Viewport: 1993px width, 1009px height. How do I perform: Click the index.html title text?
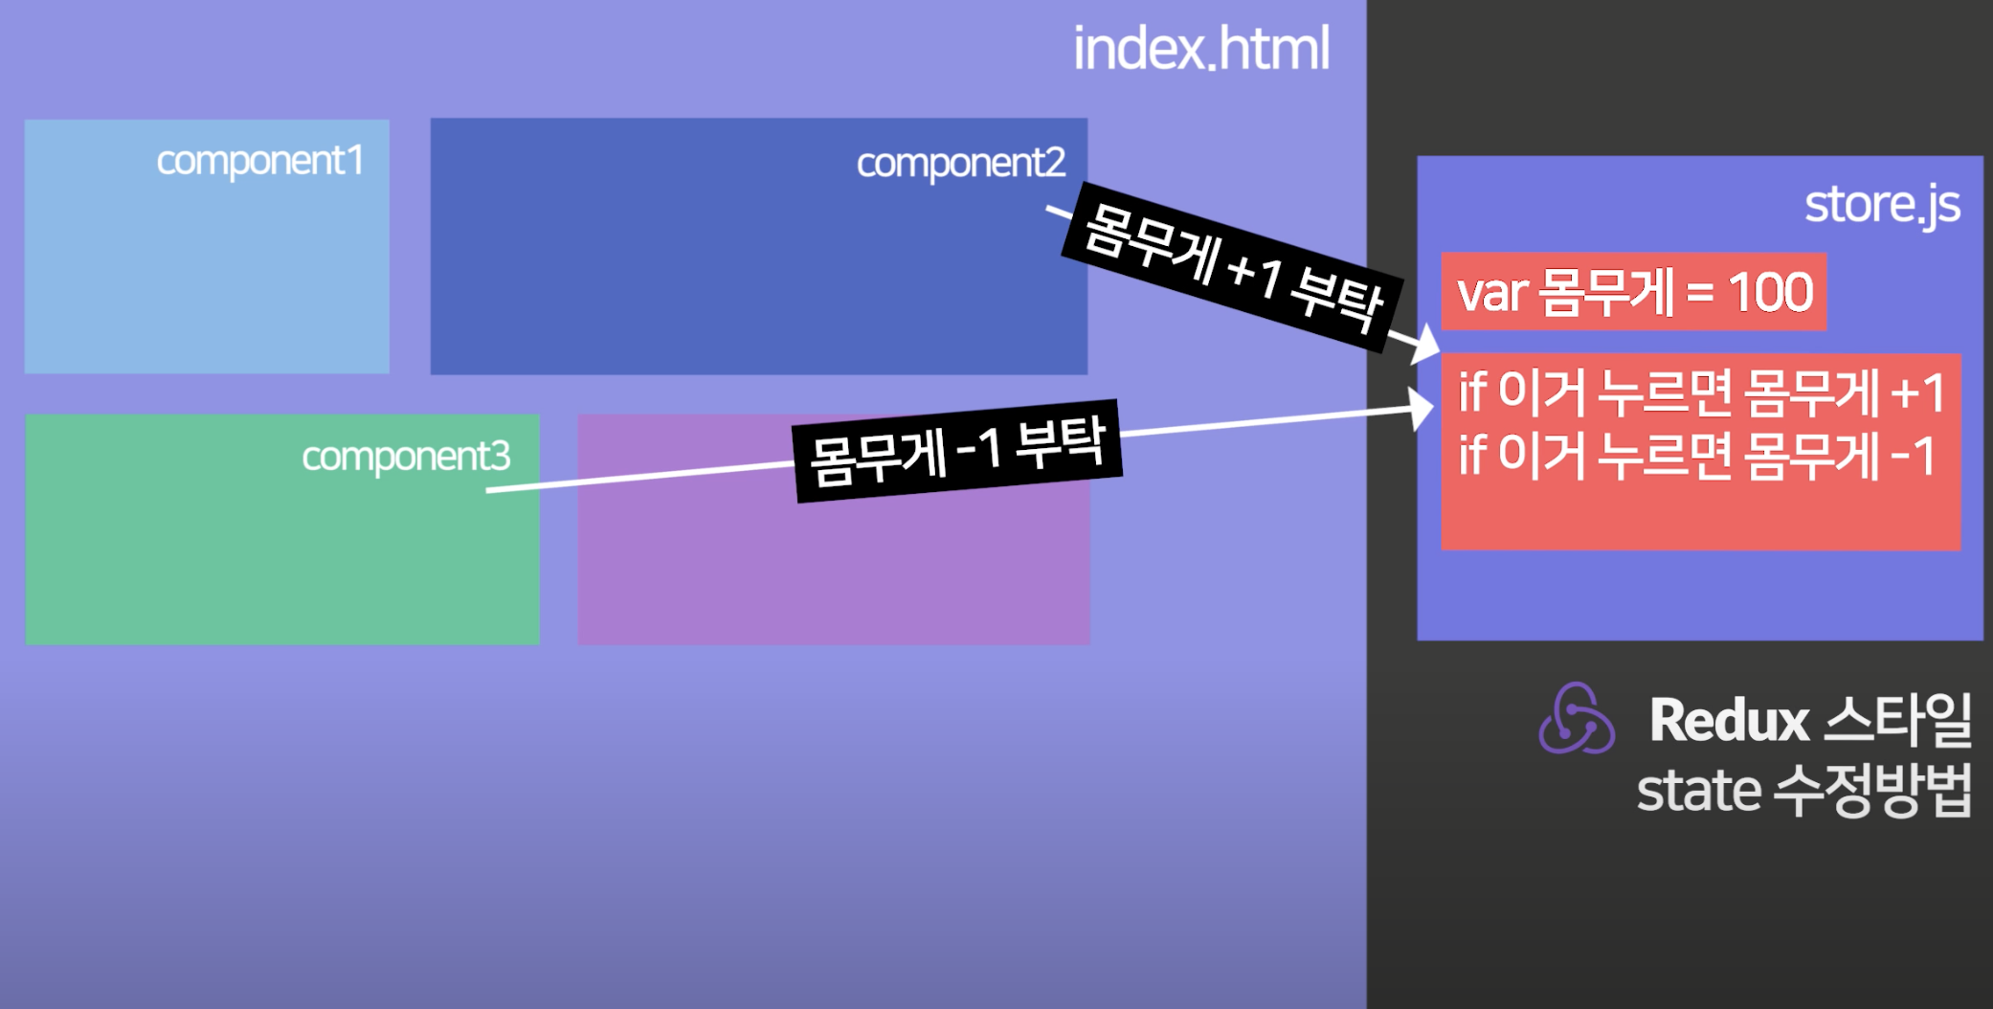(x=1200, y=49)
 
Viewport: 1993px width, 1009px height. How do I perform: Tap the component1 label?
(x=259, y=161)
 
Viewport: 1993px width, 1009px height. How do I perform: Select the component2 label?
(x=960, y=163)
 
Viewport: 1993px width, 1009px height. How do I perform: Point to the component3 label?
(x=406, y=457)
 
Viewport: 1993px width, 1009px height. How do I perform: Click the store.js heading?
(x=1881, y=205)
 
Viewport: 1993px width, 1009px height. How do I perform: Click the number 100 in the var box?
(x=1770, y=292)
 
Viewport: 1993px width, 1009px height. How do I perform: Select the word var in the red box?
(x=1491, y=293)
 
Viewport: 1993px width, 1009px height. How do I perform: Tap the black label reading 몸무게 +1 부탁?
(x=1233, y=266)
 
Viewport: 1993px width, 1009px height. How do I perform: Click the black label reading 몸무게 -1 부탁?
(x=957, y=451)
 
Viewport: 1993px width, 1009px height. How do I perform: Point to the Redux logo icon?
(x=1576, y=719)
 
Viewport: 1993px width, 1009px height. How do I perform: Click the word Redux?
(x=1729, y=720)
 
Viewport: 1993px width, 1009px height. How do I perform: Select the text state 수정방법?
(x=1803, y=791)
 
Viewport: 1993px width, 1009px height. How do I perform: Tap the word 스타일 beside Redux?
(x=1897, y=720)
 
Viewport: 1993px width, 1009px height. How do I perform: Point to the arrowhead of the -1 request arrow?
(x=1422, y=410)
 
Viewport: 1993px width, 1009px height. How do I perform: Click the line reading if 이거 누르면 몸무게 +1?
(x=1700, y=393)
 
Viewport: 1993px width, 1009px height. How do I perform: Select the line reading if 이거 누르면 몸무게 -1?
(x=1696, y=456)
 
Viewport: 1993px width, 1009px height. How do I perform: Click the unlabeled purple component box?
(x=833, y=565)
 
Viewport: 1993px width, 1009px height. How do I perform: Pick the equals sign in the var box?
(x=1699, y=292)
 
